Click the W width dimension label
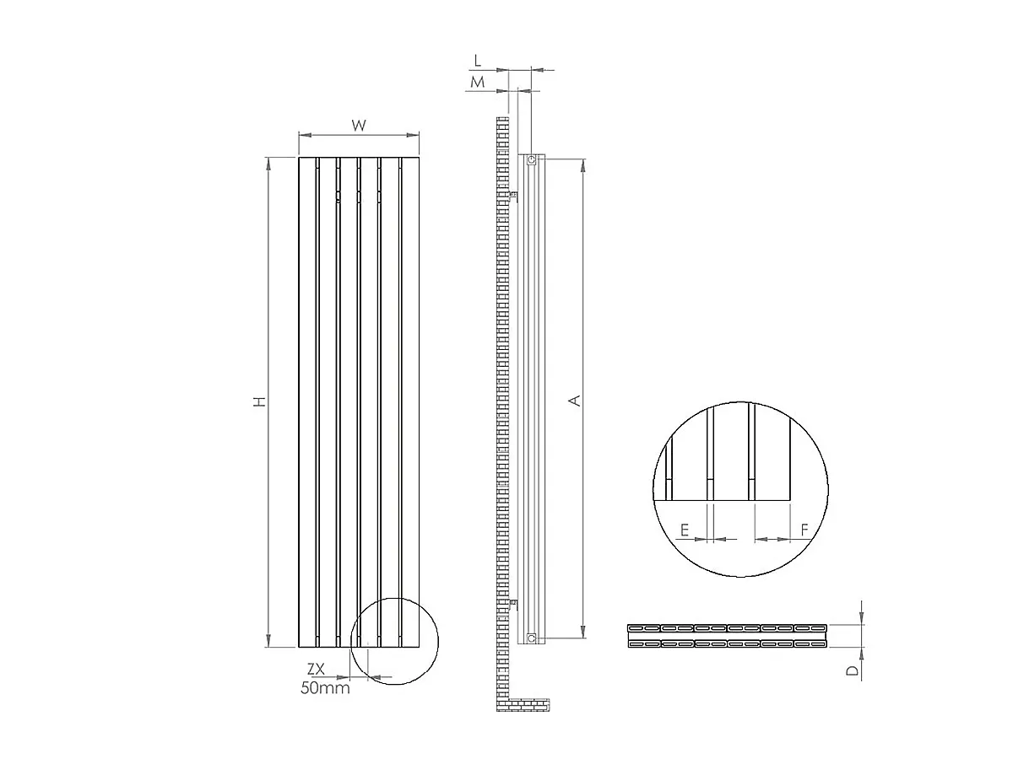(359, 126)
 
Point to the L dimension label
(477, 61)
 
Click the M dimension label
(477, 82)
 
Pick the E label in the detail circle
(685, 530)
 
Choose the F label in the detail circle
(804, 530)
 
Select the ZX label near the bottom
(316, 669)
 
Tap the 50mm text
(325, 687)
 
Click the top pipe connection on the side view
(531, 159)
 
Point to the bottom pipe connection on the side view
(531, 638)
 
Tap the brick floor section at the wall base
(528, 705)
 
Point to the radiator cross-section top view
(728, 637)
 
